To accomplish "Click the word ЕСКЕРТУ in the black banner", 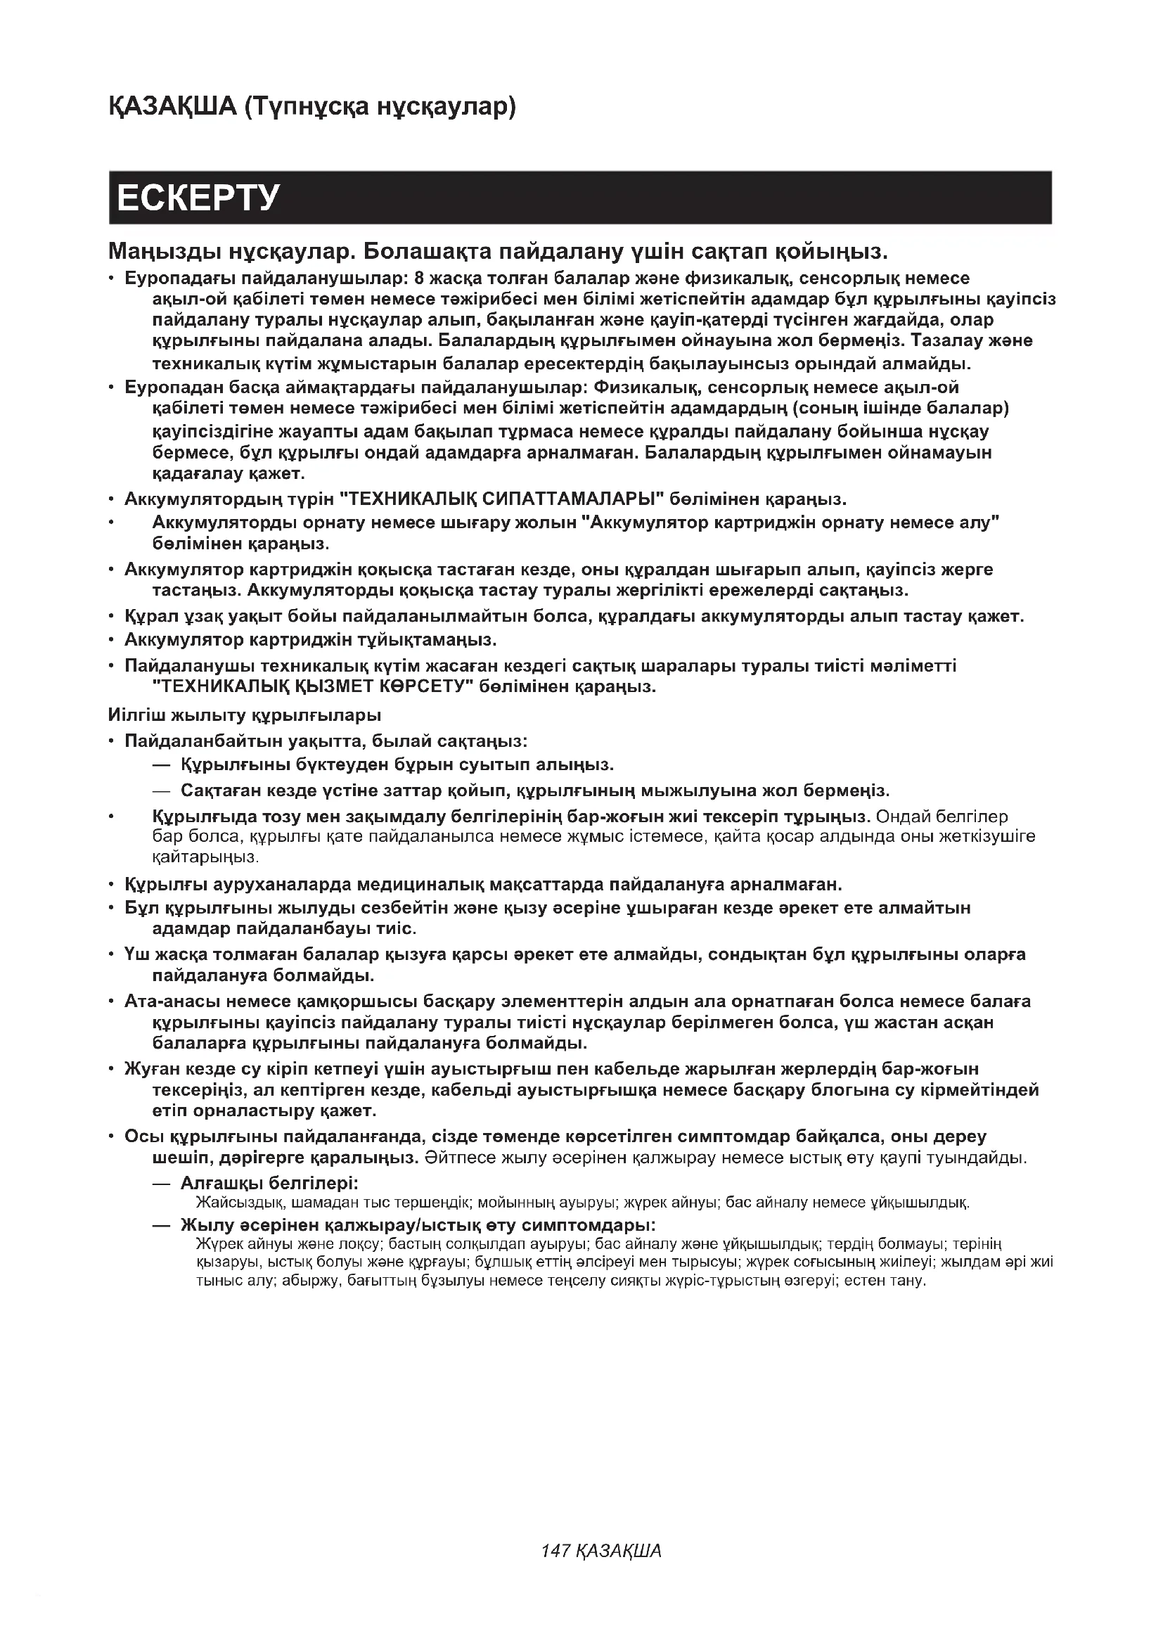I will point(198,198).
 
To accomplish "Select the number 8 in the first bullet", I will point(418,278).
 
